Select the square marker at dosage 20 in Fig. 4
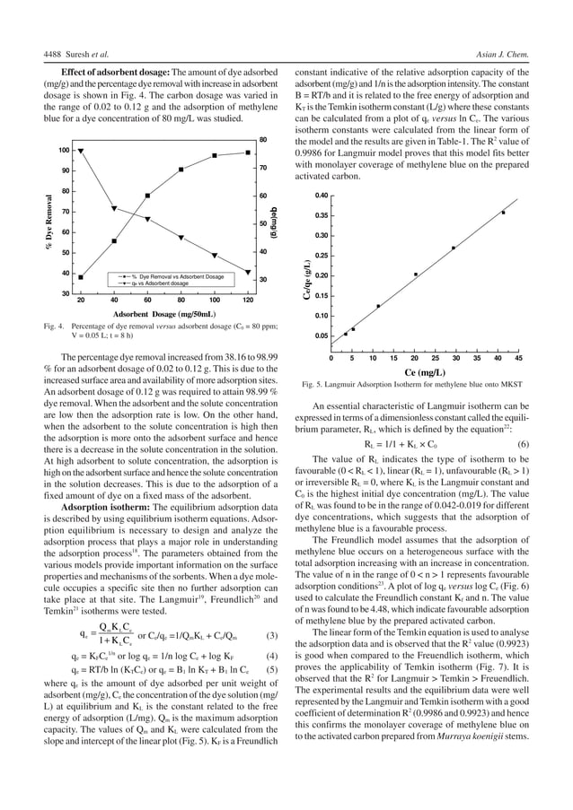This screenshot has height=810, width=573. [x=81, y=277]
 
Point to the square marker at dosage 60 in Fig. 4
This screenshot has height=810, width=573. [x=148, y=196]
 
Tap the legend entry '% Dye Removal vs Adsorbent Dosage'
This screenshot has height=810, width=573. [x=179, y=275]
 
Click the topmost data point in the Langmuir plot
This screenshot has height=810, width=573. [x=503, y=213]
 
